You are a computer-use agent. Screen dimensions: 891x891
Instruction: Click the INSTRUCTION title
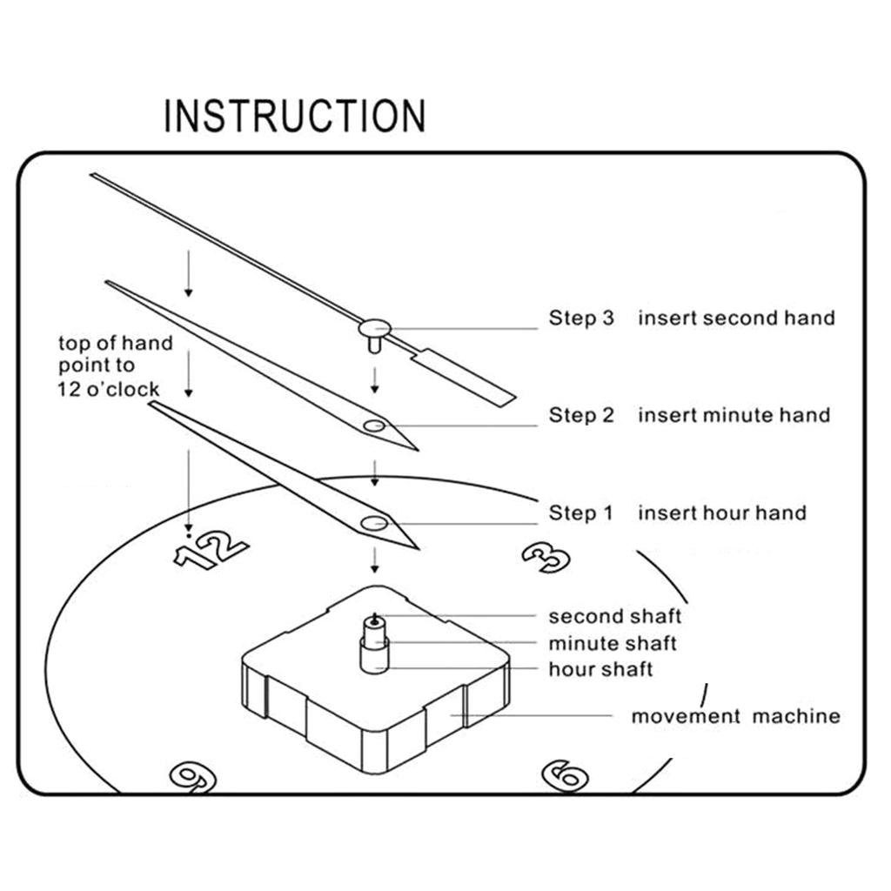(x=295, y=117)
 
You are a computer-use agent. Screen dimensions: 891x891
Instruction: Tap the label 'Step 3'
(x=580, y=318)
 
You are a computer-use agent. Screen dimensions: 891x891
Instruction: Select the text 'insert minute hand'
(x=734, y=415)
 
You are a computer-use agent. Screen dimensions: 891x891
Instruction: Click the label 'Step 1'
(x=580, y=513)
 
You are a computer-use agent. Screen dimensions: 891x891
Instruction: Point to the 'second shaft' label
(x=614, y=617)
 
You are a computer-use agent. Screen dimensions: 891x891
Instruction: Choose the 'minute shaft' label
(x=612, y=644)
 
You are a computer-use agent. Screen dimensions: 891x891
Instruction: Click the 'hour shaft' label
(x=600, y=669)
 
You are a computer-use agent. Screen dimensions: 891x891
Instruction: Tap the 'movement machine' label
(x=735, y=717)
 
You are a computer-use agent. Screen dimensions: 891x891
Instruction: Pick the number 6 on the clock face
(x=565, y=774)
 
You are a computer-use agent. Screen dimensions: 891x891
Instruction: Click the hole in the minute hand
(x=375, y=425)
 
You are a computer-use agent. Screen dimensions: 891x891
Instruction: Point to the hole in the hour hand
(x=375, y=523)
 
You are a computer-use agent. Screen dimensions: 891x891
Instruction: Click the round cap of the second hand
(x=374, y=328)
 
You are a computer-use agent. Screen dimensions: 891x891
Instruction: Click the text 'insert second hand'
(x=736, y=318)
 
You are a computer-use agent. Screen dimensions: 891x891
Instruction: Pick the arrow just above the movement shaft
(x=374, y=559)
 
